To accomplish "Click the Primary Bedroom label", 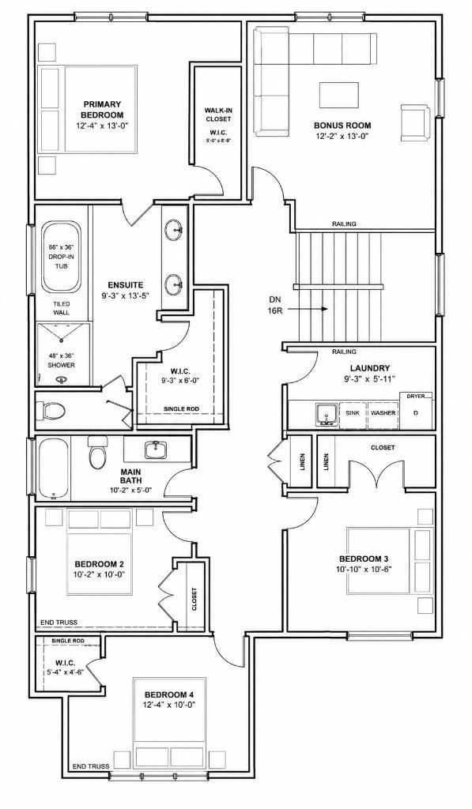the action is click(102, 109).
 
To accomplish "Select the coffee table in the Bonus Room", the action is click(339, 96).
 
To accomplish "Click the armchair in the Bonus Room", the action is click(414, 122).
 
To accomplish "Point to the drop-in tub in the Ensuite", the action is click(61, 257).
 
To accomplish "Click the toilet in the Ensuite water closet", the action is click(51, 411).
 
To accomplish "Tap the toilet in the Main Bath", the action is click(97, 453).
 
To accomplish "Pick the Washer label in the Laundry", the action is click(383, 412).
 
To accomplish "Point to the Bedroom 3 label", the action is click(364, 559).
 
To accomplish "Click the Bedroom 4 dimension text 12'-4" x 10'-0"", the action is click(169, 704).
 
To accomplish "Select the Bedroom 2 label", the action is click(100, 564).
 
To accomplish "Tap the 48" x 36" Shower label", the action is click(61, 360).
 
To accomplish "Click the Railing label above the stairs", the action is click(344, 224).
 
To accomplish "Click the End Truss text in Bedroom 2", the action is click(59, 623).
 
